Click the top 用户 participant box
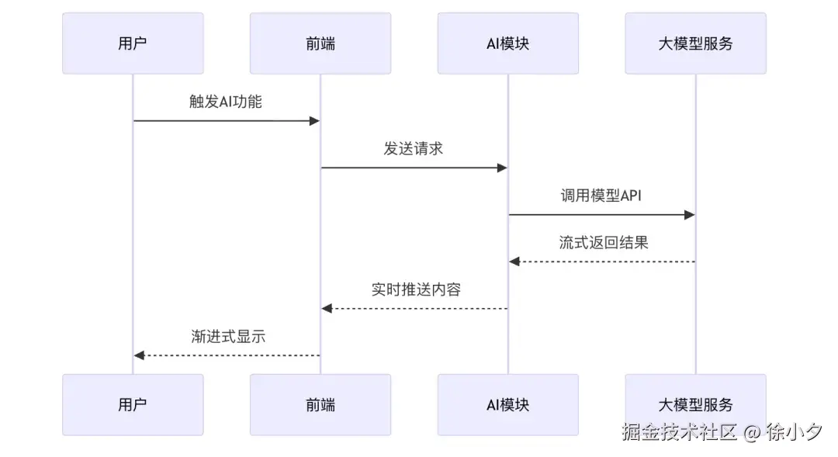coord(133,43)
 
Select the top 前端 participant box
coord(320,43)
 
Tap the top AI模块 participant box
coord(507,43)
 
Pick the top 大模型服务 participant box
coord(695,43)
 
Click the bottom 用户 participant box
coord(133,404)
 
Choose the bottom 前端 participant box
coord(320,404)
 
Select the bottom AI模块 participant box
coord(507,404)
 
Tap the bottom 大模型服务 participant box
coord(695,404)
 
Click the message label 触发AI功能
coord(226,102)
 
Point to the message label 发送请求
coord(414,148)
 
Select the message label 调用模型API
coord(601,196)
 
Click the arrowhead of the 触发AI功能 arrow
coord(315,121)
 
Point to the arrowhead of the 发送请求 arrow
coord(502,168)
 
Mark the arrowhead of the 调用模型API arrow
coord(690,215)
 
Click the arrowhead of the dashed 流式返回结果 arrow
coord(514,261)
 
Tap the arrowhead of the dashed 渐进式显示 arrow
coord(139,355)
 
